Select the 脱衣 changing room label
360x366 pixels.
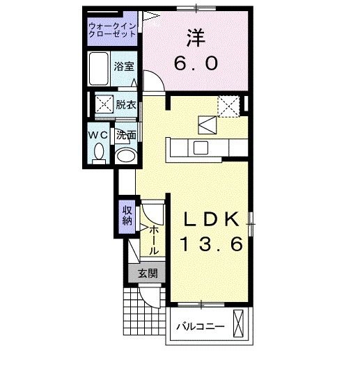(126, 105)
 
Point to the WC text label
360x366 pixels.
(97, 134)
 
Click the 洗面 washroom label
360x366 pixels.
(125, 134)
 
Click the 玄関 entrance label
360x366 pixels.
(146, 273)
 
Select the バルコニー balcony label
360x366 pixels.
(199, 326)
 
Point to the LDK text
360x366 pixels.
(212, 218)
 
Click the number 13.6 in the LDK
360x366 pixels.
(212, 245)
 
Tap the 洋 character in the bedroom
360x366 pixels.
(196, 37)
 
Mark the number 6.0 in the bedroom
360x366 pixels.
(196, 63)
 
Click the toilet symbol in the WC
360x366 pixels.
(98, 152)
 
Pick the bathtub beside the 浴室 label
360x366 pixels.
(100, 68)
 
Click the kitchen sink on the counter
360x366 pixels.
(201, 147)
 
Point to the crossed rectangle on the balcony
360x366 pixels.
(240, 325)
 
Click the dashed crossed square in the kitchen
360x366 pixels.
(228, 106)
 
